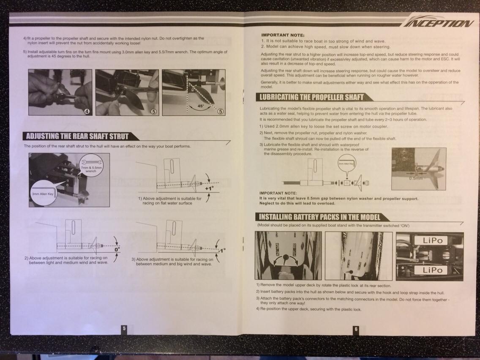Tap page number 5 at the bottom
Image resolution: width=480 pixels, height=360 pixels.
[x=124, y=329]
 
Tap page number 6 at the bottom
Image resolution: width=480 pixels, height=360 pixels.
[x=356, y=330]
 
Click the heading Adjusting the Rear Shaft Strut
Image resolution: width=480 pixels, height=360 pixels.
[x=77, y=136]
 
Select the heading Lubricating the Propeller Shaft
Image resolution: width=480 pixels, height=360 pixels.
[x=311, y=97]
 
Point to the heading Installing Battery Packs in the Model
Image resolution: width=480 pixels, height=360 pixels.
[x=319, y=217]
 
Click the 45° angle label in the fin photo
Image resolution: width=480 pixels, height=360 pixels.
[x=201, y=106]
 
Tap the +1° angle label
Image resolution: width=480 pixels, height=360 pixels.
[x=210, y=188]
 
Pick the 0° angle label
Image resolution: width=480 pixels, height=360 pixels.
[x=117, y=249]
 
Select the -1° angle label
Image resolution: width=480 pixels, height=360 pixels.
[x=222, y=251]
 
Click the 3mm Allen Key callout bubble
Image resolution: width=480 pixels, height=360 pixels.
[x=43, y=194]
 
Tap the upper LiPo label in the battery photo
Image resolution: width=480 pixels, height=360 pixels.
[x=433, y=240]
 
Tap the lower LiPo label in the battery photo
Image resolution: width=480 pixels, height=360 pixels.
[x=432, y=270]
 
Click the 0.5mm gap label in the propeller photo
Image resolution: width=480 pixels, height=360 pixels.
[x=416, y=178]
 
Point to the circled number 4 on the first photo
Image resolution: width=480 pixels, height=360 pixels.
[x=87, y=112]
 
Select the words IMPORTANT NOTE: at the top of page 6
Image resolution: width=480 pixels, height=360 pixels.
[x=283, y=35]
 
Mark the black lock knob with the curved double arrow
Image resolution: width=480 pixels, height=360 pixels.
[x=286, y=257]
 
